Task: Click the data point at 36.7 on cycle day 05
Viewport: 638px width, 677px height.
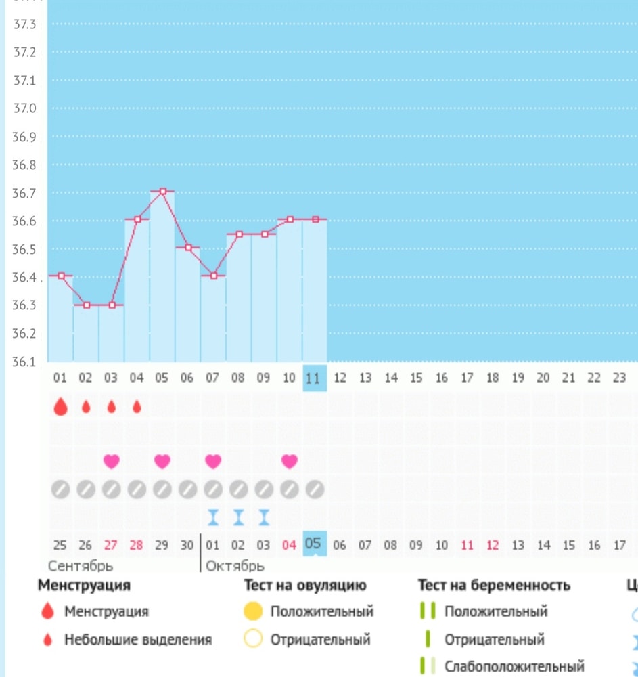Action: [x=162, y=192]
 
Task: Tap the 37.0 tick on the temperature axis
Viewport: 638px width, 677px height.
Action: [x=24, y=108]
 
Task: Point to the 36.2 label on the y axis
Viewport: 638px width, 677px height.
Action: [x=24, y=333]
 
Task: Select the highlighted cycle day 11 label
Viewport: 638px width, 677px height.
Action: [x=314, y=378]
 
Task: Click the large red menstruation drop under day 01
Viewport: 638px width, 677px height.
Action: [x=61, y=407]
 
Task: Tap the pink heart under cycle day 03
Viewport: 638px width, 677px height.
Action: [x=111, y=461]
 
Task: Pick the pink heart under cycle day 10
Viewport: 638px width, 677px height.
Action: [x=290, y=461]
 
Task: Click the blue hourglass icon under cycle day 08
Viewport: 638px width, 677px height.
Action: [x=238, y=518]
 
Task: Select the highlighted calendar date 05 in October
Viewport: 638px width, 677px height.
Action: [x=314, y=544]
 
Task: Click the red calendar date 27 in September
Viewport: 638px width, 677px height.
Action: [x=111, y=545]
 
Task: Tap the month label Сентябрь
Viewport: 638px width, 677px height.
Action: [x=81, y=565]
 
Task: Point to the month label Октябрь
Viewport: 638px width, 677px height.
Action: [x=234, y=565]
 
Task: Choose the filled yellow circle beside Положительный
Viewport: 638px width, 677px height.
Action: [x=253, y=612]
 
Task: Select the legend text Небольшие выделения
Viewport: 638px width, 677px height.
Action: [x=138, y=639]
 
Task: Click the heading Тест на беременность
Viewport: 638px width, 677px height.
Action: [x=494, y=585]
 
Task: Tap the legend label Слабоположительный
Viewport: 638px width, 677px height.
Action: [x=514, y=667]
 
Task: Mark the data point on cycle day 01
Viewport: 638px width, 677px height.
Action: [x=61, y=276]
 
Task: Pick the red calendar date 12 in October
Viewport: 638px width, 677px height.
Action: [x=492, y=545]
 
